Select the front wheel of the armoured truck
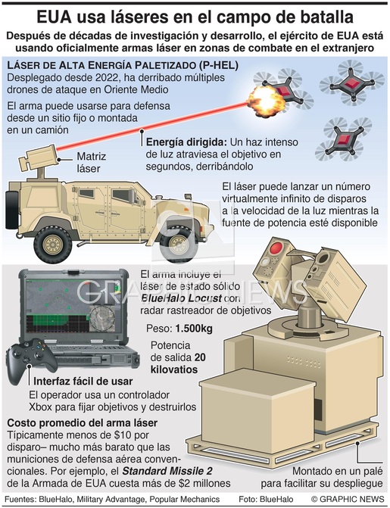178,244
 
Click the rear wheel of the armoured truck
53,245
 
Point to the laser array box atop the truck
38,157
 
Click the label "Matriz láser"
91,162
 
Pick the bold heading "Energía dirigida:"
186,142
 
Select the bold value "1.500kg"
194,329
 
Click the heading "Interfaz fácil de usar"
83,381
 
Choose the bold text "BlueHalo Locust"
182,298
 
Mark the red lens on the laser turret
277,248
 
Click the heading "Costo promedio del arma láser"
83,422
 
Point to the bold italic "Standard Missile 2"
167,471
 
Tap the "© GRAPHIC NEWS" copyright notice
348,499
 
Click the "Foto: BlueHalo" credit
266,499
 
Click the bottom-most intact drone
344,139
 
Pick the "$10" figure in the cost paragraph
123,435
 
